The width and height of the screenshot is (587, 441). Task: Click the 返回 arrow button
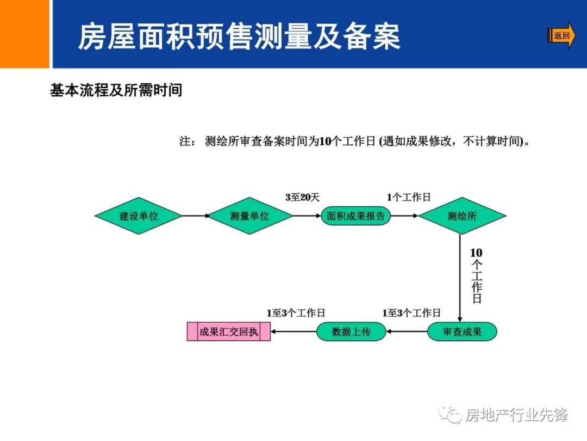[x=561, y=36]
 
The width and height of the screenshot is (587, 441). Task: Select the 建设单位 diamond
[x=139, y=216]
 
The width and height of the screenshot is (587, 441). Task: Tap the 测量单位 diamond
[x=249, y=216]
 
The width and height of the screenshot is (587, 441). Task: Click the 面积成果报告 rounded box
[x=355, y=216]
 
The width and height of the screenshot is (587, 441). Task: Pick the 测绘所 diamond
[x=462, y=216]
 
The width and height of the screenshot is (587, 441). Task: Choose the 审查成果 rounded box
[x=462, y=332]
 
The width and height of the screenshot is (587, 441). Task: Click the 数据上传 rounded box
[x=351, y=332]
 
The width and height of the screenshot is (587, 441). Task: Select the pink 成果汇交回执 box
[x=228, y=332]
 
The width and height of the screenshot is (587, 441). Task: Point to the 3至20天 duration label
[x=302, y=198]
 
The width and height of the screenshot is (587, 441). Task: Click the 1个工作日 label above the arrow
[x=409, y=198]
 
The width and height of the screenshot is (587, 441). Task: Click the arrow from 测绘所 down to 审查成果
[x=460, y=278]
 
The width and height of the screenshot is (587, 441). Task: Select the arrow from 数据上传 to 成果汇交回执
[x=293, y=332]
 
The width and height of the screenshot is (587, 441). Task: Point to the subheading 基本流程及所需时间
[x=116, y=90]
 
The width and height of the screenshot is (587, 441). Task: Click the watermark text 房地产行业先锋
[x=517, y=415]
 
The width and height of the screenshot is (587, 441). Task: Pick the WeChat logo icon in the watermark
[x=451, y=415]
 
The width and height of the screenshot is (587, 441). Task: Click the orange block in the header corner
[x=24, y=34]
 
